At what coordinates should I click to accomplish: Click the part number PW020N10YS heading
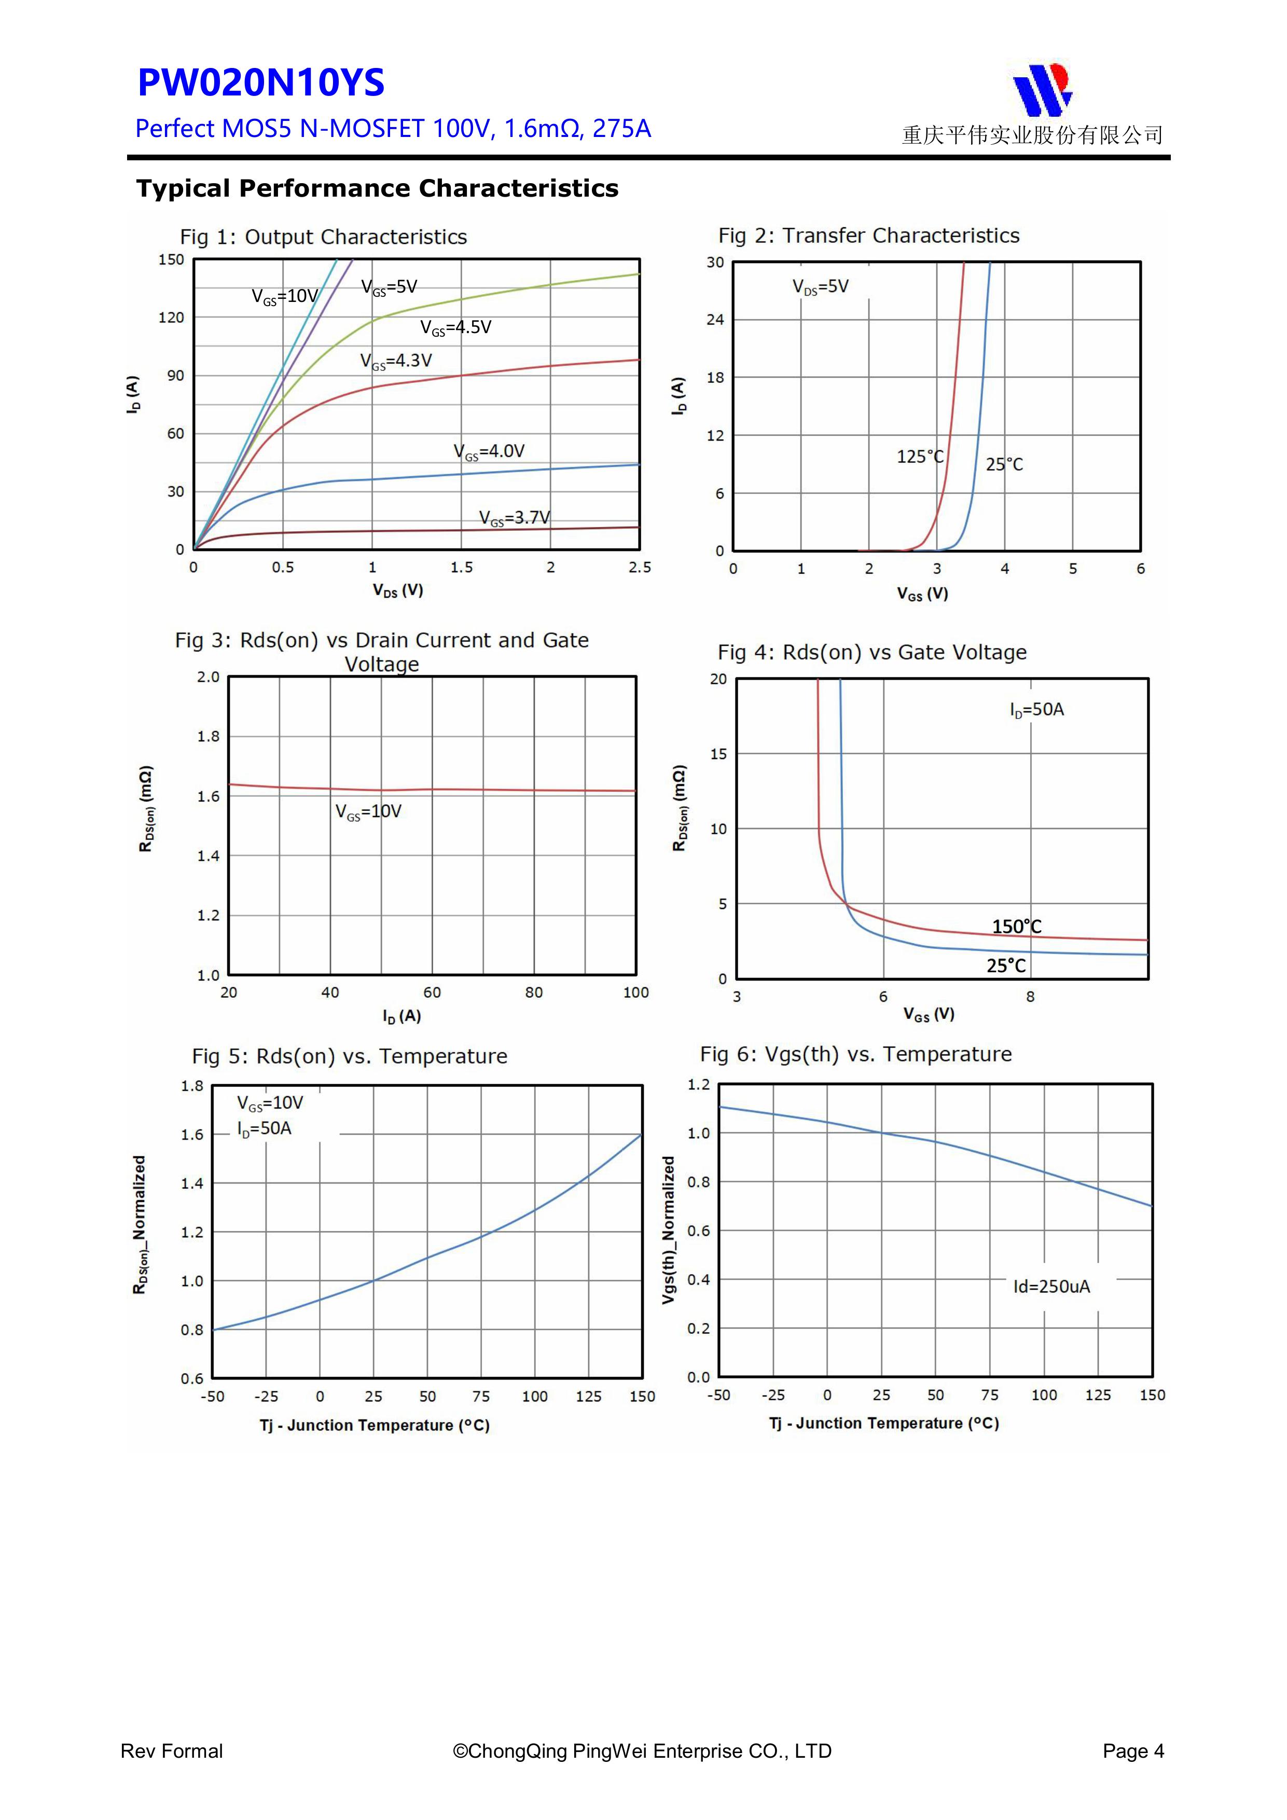261,82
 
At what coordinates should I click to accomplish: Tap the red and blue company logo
1043,89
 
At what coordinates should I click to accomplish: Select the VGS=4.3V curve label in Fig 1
396,362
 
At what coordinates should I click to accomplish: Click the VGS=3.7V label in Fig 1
514,518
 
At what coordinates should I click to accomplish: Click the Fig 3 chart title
382,652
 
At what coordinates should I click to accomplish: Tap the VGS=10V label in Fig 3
368,812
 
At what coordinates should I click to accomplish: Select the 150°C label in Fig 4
1017,927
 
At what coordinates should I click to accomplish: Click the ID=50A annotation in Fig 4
1036,709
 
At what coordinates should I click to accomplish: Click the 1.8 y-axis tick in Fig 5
192,1086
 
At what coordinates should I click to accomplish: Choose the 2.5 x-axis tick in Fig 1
640,568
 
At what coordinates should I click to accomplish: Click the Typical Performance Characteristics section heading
377,189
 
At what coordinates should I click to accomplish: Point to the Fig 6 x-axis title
883,1424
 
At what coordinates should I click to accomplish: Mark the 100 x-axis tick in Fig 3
635,992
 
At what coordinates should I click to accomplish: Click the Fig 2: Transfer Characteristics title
868,236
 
